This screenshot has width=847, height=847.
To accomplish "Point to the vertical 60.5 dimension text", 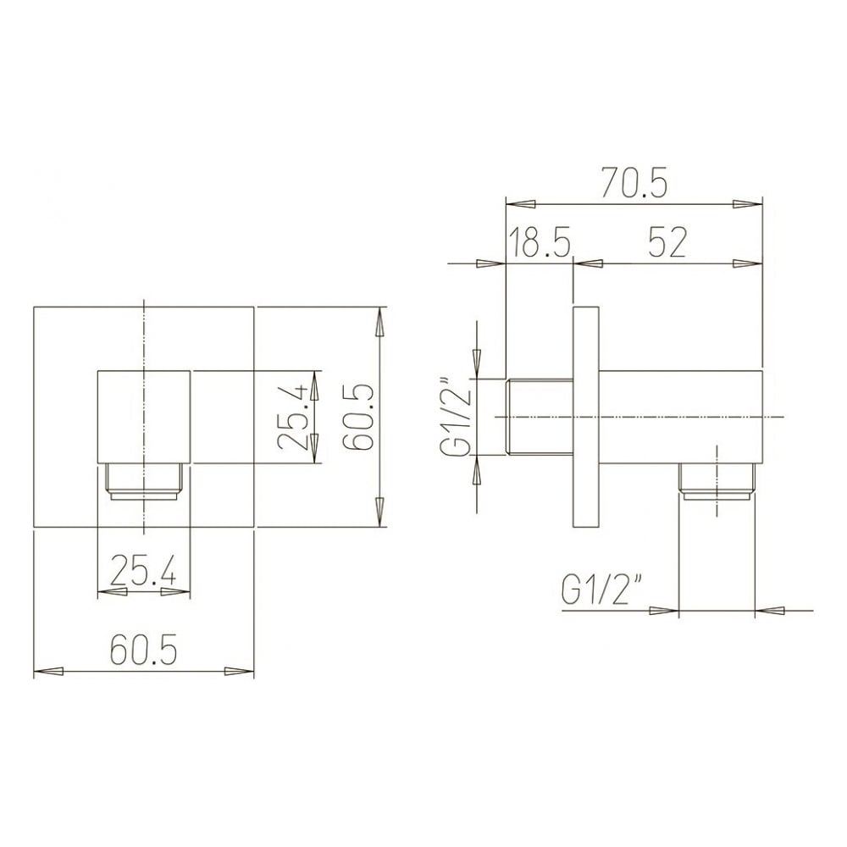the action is [358, 417].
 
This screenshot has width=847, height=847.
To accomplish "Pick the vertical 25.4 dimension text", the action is [292, 417].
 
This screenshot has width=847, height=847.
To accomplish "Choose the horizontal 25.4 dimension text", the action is [142, 571].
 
